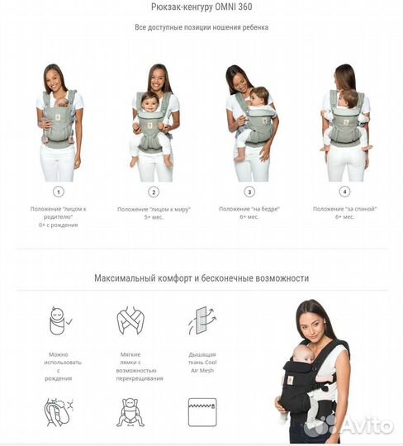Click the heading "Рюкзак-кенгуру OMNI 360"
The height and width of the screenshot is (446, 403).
201,8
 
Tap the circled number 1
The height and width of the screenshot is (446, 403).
58,191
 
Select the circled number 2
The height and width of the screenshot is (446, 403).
154,191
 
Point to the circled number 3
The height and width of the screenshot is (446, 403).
249,191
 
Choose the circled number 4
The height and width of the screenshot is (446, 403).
345,191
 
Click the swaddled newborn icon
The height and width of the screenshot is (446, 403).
57,319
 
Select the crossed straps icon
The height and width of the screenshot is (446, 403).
129,320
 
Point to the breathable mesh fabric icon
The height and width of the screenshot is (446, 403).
201,320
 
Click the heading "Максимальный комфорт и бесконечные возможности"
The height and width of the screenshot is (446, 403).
201,278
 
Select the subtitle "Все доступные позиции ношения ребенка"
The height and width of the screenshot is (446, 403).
201,27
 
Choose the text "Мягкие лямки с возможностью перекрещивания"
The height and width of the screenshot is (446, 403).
129,366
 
